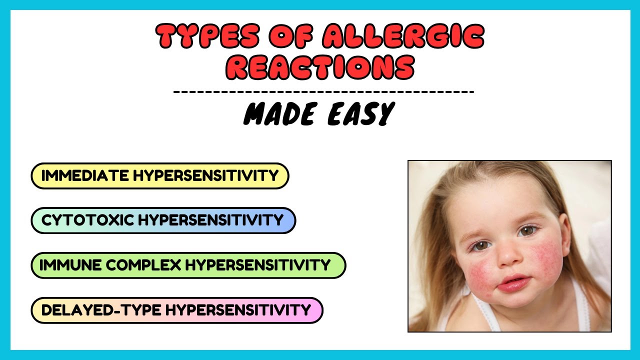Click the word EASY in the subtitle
coord(360,114)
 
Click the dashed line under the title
coord(323,92)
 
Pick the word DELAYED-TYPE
coord(100,310)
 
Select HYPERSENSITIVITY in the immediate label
coord(205,176)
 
